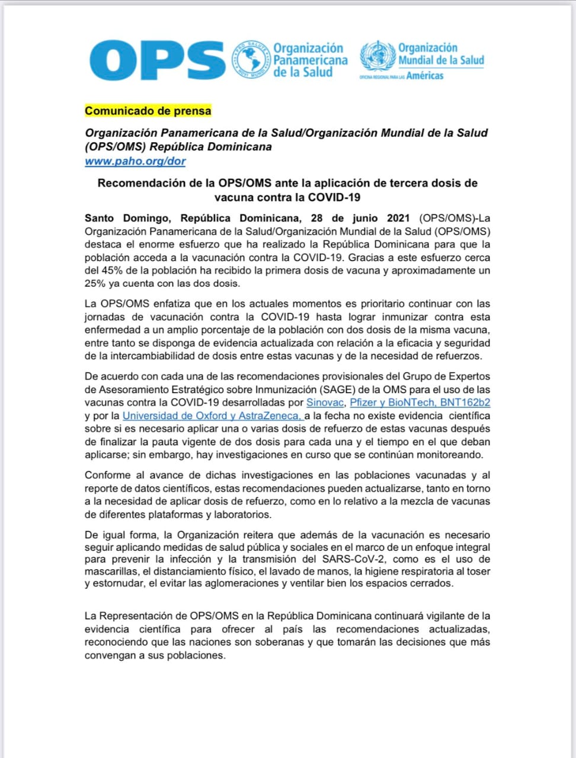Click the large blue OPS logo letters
click(157, 60)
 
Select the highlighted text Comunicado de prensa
click(148, 111)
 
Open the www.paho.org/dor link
click(135, 161)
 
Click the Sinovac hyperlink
click(324, 403)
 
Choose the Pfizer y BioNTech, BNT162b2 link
click(420, 403)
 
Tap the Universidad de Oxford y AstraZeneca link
click(212, 416)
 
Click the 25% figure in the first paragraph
click(95, 284)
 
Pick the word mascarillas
click(112, 571)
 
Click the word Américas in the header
click(425, 76)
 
